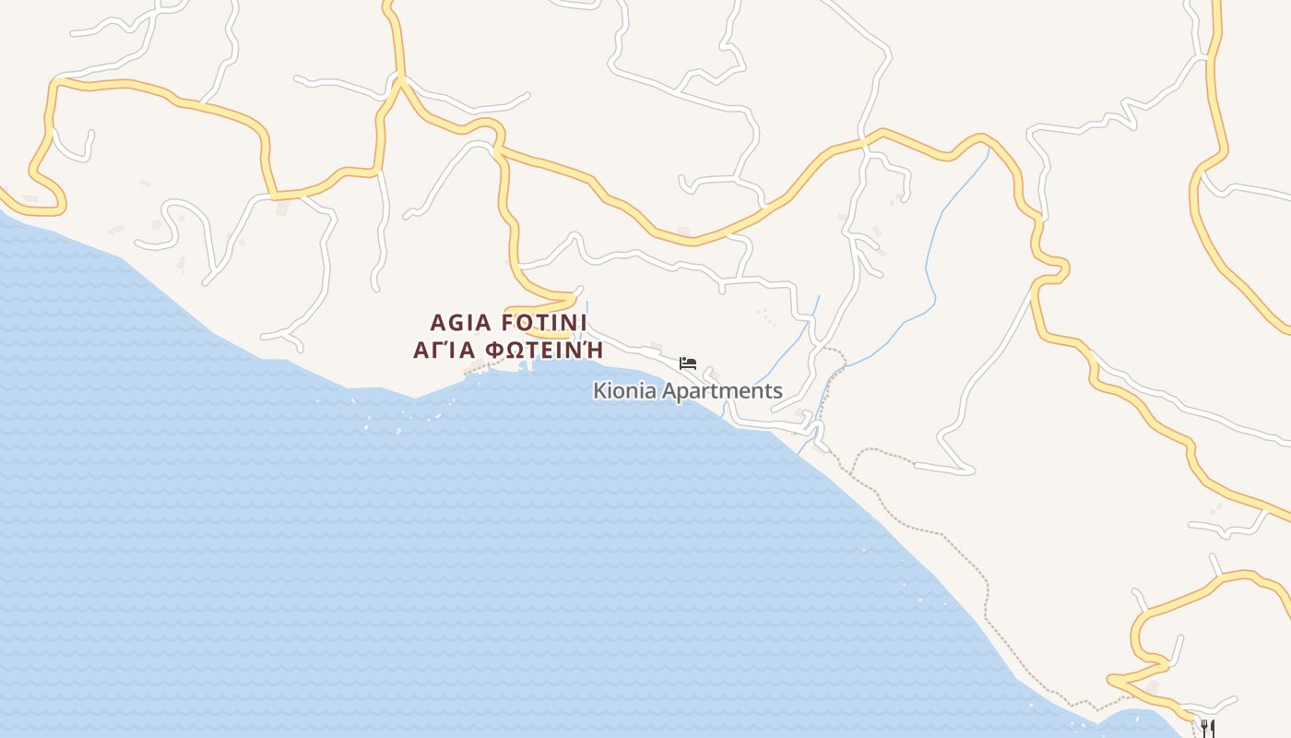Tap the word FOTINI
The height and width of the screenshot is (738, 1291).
click(x=543, y=323)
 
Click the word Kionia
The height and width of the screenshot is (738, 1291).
click(x=624, y=391)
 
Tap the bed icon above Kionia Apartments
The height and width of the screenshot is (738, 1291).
click(x=687, y=363)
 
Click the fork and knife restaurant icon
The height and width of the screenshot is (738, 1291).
click(x=1207, y=728)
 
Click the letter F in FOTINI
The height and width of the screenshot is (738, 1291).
click(x=507, y=323)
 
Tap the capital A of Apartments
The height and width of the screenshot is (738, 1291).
click(x=669, y=391)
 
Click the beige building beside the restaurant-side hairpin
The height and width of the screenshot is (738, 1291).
click(x=1153, y=687)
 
